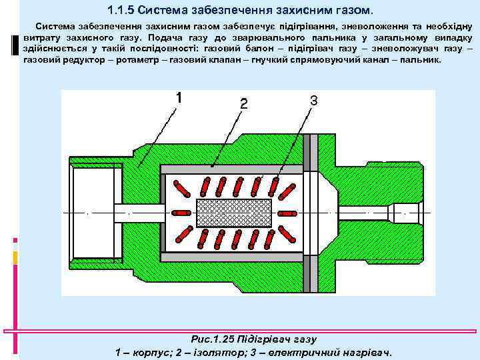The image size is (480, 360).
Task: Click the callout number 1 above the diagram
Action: pyautogui.click(x=178, y=98)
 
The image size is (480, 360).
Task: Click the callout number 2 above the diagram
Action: pyautogui.click(x=244, y=104)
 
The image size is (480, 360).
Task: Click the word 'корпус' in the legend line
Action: pyautogui.click(x=151, y=352)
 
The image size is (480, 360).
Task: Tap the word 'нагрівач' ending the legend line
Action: pyautogui.click(x=369, y=352)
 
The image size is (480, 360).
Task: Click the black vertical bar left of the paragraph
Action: pyautogui.click(x=14, y=46)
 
